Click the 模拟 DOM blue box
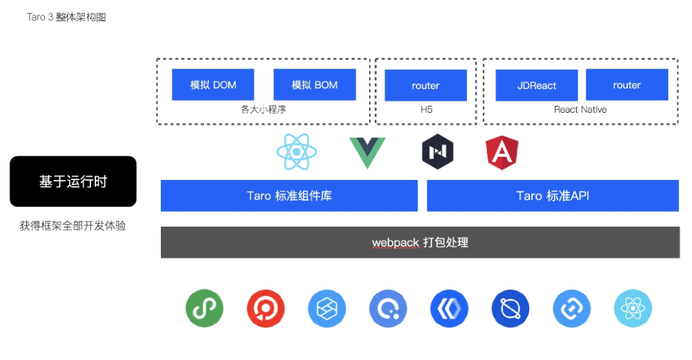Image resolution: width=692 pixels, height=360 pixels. pyautogui.click(x=213, y=85)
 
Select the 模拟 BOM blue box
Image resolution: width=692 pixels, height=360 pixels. pyautogui.click(x=315, y=85)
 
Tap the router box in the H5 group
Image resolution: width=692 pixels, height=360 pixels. pyautogui.click(x=425, y=85)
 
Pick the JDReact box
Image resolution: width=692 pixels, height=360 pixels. pyautogui.click(x=537, y=85)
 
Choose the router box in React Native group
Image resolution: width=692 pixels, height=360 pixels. pyautogui.click(x=627, y=85)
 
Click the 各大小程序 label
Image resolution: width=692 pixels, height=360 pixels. pyautogui.click(x=263, y=110)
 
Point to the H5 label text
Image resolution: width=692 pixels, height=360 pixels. pyautogui.click(x=426, y=110)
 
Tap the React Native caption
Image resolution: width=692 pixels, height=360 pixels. pyautogui.click(x=580, y=110)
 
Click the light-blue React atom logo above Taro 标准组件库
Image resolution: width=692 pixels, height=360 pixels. pyautogui.click(x=297, y=152)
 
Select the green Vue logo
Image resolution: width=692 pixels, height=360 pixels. pyautogui.click(x=367, y=152)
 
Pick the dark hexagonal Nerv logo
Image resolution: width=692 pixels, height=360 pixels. pyautogui.click(x=438, y=152)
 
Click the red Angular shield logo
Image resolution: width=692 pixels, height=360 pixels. pyautogui.click(x=502, y=152)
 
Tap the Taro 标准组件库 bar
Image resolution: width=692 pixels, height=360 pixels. pyautogui.click(x=289, y=195)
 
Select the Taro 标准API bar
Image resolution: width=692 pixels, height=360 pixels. pyautogui.click(x=552, y=195)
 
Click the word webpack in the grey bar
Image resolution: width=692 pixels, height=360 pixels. pyautogui.click(x=396, y=243)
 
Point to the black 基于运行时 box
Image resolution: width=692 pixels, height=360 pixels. pyautogui.click(x=73, y=181)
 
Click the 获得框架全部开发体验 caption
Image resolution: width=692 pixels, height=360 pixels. pyautogui.click(x=73, y=225)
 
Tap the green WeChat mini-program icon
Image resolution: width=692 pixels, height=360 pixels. pyautogui.click(x=204, y=308)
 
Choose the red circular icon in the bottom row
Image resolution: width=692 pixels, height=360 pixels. pyautogui.click(x=266, y=308)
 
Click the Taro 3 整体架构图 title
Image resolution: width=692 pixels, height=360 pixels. pyautogui.click(x=67, y=17)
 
